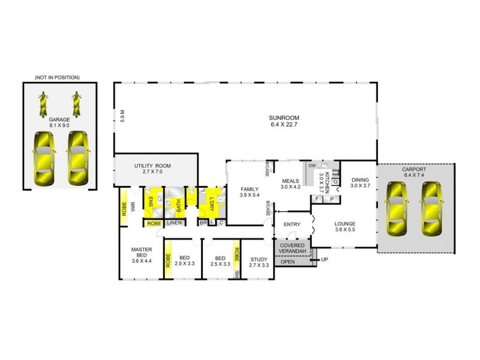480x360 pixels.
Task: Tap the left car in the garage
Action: coord(43,158)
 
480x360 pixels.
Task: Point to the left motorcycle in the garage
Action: coord(43,104)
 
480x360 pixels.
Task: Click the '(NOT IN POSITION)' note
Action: coord(58,77)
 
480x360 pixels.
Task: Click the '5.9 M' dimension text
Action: coord(122,115)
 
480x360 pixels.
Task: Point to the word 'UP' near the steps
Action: coord(325,260)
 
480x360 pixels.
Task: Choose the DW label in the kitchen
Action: coord(312,166)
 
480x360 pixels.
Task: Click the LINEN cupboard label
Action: coord(174,223)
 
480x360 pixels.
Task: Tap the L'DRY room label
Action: coord(212,199)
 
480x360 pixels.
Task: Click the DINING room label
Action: coord(360,182)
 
